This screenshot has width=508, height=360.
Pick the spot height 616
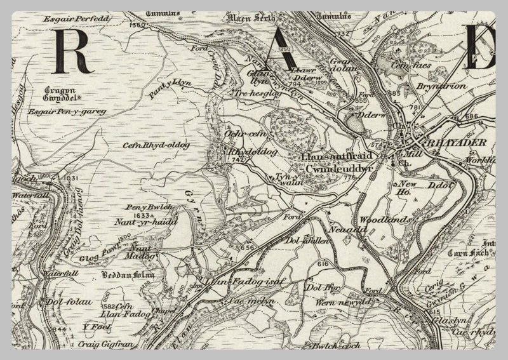click(x=323, y=263)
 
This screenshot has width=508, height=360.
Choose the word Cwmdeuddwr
click(x=333, y=170)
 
